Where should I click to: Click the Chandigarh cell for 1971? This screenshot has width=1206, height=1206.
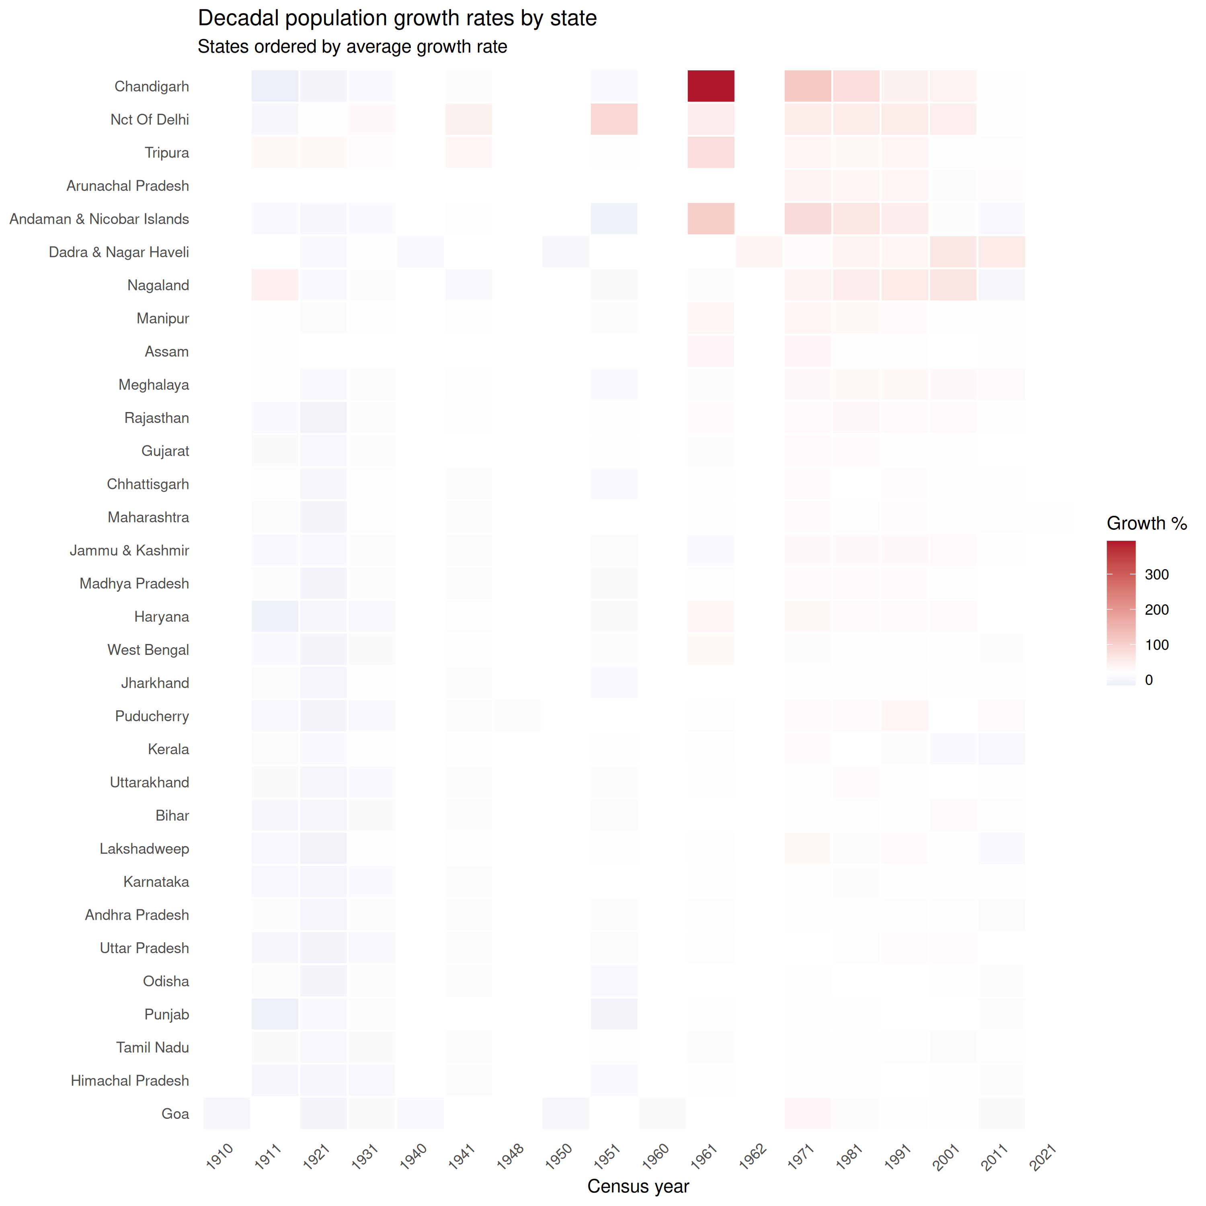[x=808, y=86]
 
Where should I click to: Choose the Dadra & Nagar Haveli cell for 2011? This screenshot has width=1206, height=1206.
[x=1001, y=252]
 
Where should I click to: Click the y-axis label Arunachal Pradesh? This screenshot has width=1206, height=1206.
[x=127, y=186]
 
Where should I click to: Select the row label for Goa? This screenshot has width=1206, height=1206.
[x=175, y=1114]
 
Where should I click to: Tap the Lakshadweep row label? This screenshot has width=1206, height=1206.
[x=144, y=849]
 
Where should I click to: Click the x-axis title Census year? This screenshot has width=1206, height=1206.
[x=638, y=1186]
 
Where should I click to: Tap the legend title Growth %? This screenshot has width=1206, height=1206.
[x=1147, y=523]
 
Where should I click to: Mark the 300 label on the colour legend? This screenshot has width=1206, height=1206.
[x=1157, y=574]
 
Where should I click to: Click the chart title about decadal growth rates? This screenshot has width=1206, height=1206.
[x=397, y=18]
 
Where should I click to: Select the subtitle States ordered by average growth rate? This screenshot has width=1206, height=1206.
[x=352, y=47]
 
